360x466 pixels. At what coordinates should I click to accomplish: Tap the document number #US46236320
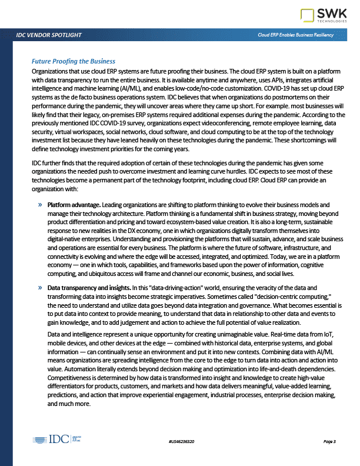tap(181, 441)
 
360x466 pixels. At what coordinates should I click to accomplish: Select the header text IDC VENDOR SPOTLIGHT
tap(49, 35)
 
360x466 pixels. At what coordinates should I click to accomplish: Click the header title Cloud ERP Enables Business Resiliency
tap(296, 35)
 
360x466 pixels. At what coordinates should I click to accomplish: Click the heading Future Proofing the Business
tap(73, 61)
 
